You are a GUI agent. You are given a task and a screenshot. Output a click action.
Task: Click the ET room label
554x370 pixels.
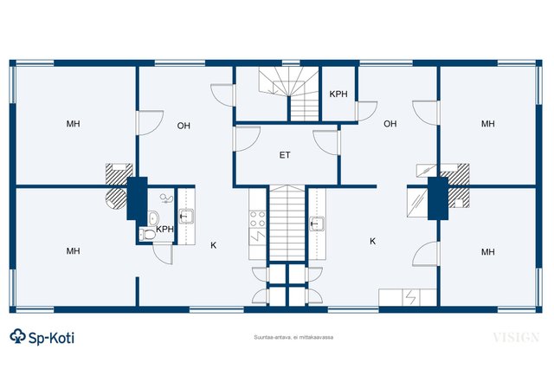[x=285, y=155]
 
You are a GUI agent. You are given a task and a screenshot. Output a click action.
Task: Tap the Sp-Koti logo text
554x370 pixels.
[x=51, y=338]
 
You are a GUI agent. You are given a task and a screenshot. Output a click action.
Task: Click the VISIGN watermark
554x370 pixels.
[x=516, y=337]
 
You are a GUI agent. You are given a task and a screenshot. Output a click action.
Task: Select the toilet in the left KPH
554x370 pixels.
[x=148, y=235]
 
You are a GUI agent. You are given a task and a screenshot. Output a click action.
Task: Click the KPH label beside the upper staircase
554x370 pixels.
[x=338, y=94]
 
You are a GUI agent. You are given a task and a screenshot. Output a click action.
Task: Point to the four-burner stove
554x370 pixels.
[x=257, y=218]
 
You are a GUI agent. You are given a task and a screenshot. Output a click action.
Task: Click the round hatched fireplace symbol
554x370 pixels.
[x=116, y=198]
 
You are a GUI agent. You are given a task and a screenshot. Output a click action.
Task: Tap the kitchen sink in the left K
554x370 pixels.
[x=186, y=216]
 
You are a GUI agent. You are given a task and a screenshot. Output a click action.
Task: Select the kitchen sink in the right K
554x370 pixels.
[x=317, y=224]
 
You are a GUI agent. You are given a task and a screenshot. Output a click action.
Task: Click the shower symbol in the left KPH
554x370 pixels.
[x=166, y=198]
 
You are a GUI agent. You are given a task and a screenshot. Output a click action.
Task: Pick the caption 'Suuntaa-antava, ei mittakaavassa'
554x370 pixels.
[x=293, y=337]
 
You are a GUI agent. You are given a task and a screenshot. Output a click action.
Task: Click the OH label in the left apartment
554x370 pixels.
[x=184, y=126]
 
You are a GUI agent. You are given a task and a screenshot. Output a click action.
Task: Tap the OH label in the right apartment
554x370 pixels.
[x=390, y=124]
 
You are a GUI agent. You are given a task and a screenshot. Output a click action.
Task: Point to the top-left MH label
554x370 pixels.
[x=73, y=124]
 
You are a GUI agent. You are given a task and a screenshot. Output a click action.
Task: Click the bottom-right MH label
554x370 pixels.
[x=488, y=252]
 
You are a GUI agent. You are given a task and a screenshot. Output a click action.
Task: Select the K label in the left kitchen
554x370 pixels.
[x=214, y=245]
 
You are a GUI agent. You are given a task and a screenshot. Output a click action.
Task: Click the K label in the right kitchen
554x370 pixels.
[x=372, y=241]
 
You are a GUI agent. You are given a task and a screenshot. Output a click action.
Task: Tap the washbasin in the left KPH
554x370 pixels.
[x=152, y=217]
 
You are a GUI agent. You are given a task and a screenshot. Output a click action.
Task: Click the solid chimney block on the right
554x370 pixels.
[x=438, y=198]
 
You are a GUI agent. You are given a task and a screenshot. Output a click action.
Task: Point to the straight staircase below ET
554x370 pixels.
[x=287, y=224]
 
